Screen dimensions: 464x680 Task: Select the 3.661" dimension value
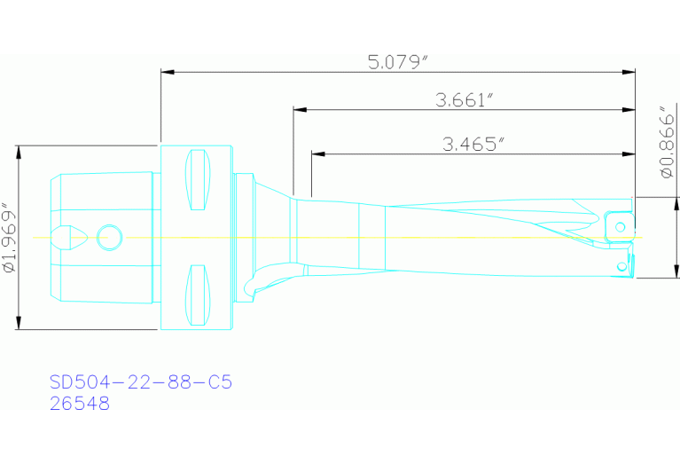[464, 99]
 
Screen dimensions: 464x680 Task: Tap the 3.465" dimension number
[473, 144]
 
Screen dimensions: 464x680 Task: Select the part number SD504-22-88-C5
[141, 382]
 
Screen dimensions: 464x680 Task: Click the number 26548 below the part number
[81, 404]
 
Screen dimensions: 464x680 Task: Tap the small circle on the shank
[110, 237]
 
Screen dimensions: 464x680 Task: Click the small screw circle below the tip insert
[622, 266]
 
